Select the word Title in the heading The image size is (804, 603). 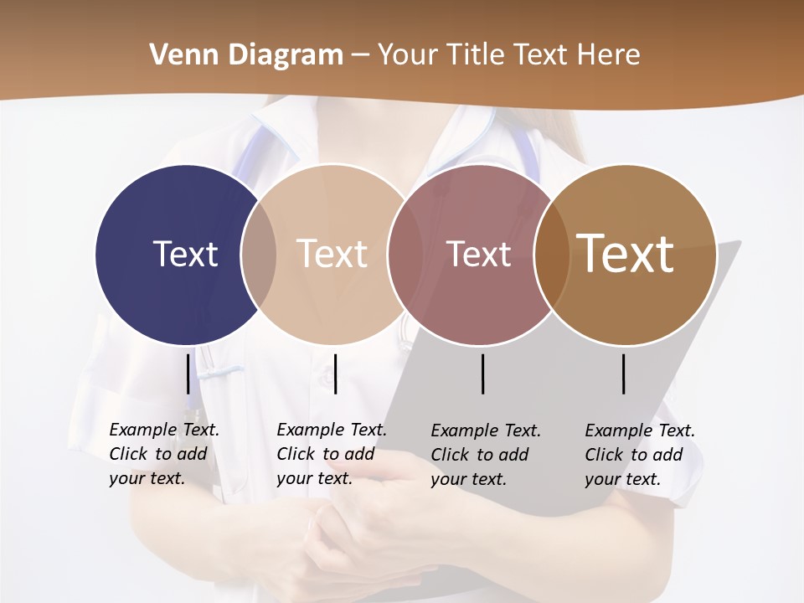tap(478, 55)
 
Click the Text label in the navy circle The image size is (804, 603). tap(185, 254)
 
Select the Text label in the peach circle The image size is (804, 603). tap(332, 254)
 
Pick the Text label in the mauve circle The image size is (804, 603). tap(478, 254)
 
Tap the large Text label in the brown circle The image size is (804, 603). tap(626, 253)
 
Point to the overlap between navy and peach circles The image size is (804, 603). tap(259, 254)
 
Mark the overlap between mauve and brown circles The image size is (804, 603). tap(546, 254)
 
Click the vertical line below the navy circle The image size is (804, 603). tap(188, 374)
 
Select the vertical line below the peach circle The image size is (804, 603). tap(335, 374)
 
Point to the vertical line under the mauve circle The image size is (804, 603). tap(483, 374)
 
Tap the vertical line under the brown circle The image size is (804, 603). tap(624, 374)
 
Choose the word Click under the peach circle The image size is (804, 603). tap(296, 454)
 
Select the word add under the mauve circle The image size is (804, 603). tap(513, 455)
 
